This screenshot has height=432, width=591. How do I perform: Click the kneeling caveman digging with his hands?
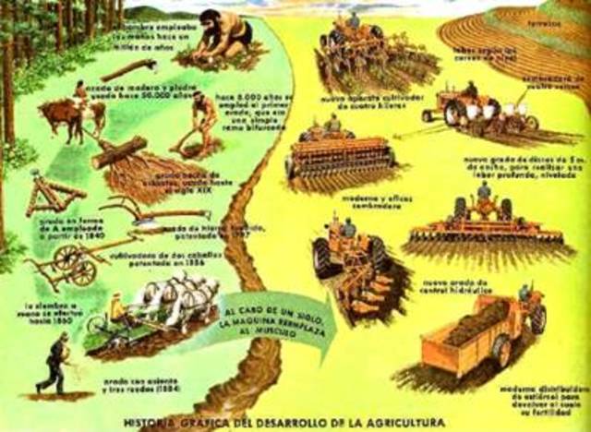coord(221,39)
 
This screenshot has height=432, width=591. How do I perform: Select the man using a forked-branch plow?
coord(202,117)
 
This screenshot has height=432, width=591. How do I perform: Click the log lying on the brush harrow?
coord(119,152)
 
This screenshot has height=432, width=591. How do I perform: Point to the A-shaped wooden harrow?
coord(51,198)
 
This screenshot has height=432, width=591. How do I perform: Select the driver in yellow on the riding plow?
coord(117,308)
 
